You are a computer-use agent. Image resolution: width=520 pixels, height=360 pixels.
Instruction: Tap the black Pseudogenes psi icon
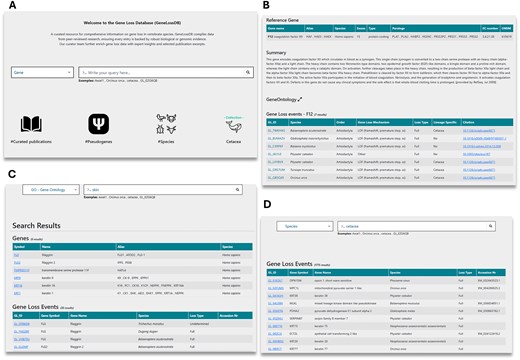[98, 123]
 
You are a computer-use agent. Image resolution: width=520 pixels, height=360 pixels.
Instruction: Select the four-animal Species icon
[164, 123]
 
